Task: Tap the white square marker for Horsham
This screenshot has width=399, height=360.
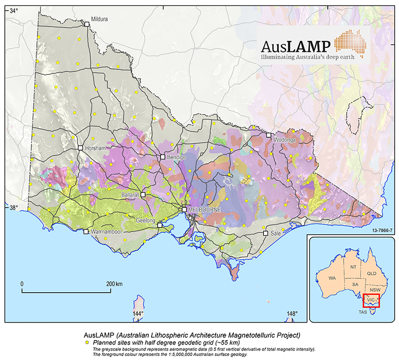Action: (80, 148)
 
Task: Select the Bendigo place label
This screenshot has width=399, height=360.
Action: (175, 157)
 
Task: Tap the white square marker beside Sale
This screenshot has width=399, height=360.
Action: (265, 233)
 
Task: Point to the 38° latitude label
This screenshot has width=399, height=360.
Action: (11, 208)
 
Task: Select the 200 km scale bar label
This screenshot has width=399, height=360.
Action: (112, 284)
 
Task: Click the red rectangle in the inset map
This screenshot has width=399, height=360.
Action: (372, 301)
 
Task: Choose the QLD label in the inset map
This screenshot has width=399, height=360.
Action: (372, 273)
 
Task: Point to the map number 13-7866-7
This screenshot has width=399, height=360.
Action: (382, 230)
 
